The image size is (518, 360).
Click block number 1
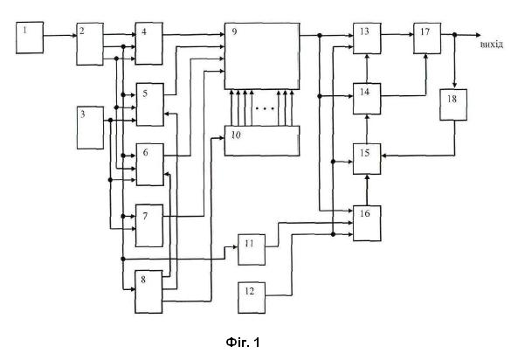pyautogui.click(x=30, y=38)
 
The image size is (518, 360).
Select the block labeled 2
pyautogui.click(x=90, y=44)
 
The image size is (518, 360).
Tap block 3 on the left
pyautogui.click(x=90, y=128)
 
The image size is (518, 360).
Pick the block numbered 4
pyautogui.click(x=148, y=44)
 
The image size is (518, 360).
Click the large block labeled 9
pyautogui.click(x=262, y=56)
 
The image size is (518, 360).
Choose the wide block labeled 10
pyautogui.click(x=262, y=141)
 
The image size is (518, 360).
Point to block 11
pyautogui.click(x=252, y=250)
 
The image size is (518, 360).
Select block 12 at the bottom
pyautogui.click(x=252, y=297)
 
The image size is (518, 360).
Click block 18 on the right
pyautogui.click(x=453, y=105)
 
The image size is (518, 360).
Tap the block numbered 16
pyautogui.click(x=367, y=223)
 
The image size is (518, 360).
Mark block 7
pyautogui.click(x=149, y=225)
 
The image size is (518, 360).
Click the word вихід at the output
pyautogui.click(x=492, y=45)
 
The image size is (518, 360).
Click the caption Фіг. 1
pyautogui.click(x=243, y=343)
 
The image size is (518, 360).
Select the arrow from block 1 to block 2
pyautogui.click(x=60, y=35)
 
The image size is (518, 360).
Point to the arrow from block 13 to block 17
pyautogui.click(x=397, y=34)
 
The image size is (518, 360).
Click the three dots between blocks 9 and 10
pyautogui.click(x=265, y=108)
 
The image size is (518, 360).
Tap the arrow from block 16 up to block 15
pyautogui.click(x=367, y=190)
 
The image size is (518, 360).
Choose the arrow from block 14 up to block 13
pyautogui.click(x=367, y=68)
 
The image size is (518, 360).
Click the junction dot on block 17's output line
pyautogui.click(x=454, y=34)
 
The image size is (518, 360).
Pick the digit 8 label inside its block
pyautogui.click(x=143, y=280)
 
